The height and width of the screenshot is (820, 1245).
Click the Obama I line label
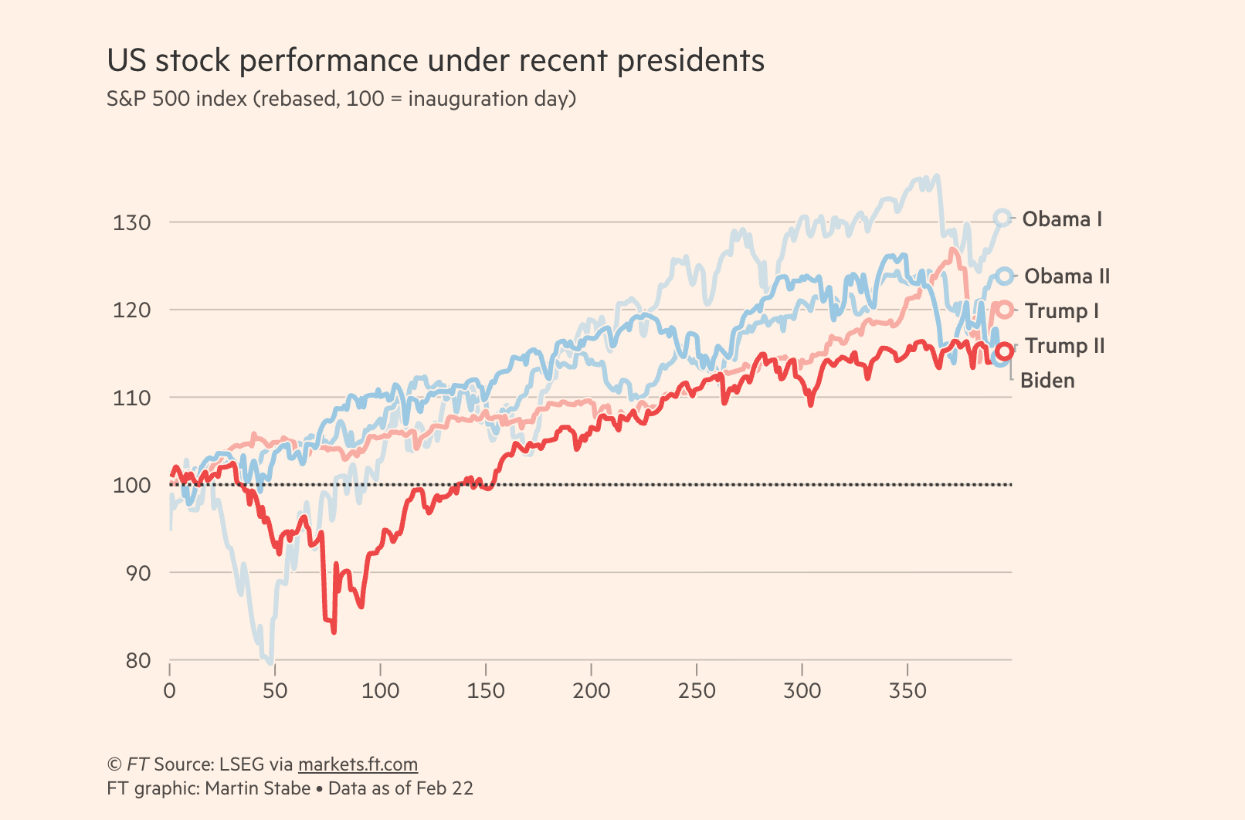(x=1062, y=219)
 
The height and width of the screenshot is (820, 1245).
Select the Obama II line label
(x=1067, y=276)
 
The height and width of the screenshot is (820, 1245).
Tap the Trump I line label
(x=1061, y=311)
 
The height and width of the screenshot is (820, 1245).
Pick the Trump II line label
(x=1064, y=346)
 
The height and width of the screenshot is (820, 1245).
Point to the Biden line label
(x=1047, y=381)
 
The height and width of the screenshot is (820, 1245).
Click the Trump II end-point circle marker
(x=1004, y=351)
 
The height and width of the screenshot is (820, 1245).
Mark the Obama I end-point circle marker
(x=1002, y=219)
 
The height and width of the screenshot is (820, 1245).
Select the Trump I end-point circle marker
(x=1004, y=310)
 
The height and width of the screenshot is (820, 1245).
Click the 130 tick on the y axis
(x=132, y=222)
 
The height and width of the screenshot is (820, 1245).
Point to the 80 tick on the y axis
(x=139, y=661)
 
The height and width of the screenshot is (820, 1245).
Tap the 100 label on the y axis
(x=132, y=486)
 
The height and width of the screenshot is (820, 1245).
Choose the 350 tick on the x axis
(x=907, y=690)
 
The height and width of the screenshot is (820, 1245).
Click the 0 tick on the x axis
(x=170, y=690)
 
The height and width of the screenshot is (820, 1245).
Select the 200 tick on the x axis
(x=592, y=690)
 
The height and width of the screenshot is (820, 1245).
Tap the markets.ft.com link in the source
(x=358, y=764)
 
